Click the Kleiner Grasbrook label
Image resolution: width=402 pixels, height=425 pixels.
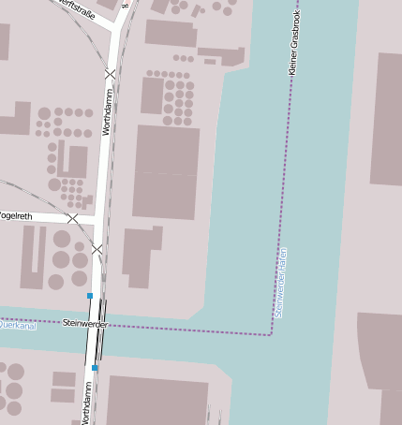point(292,44)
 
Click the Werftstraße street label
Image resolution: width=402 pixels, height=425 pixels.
point(78,5)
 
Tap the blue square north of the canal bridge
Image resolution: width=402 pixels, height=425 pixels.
point(90,296)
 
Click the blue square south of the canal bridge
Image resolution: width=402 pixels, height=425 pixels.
point(95,368)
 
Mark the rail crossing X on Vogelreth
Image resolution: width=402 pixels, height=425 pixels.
point(73,218)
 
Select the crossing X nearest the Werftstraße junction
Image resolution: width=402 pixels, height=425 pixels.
point(111,73)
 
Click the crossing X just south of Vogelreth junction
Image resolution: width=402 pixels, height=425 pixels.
point(97,249)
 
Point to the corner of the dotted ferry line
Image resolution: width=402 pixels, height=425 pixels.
point(271,334)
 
